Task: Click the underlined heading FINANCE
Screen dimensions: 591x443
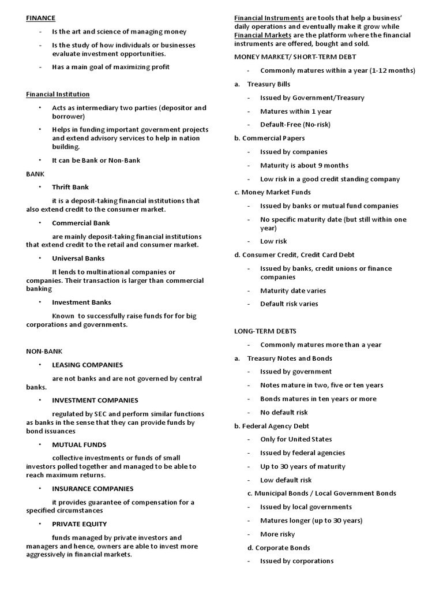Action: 40,18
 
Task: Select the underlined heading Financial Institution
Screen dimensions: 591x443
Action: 58,94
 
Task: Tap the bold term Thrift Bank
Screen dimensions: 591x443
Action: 70,187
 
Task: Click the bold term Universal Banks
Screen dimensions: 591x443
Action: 78,259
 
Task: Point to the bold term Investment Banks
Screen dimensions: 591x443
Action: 81,302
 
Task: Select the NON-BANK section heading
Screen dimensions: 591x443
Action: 44,351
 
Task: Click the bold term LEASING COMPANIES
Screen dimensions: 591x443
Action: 87,365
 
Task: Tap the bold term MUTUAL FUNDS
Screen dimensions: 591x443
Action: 79,445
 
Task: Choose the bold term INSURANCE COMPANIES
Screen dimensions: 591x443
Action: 92,489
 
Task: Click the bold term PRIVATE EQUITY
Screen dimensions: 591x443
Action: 79,524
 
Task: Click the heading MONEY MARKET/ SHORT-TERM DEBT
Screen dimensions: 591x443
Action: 295,57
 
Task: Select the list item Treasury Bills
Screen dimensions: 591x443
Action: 268,84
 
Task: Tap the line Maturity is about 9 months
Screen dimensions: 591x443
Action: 304,166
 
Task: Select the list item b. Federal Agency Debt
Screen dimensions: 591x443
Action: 271,426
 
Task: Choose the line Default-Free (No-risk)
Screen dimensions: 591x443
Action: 295,125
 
